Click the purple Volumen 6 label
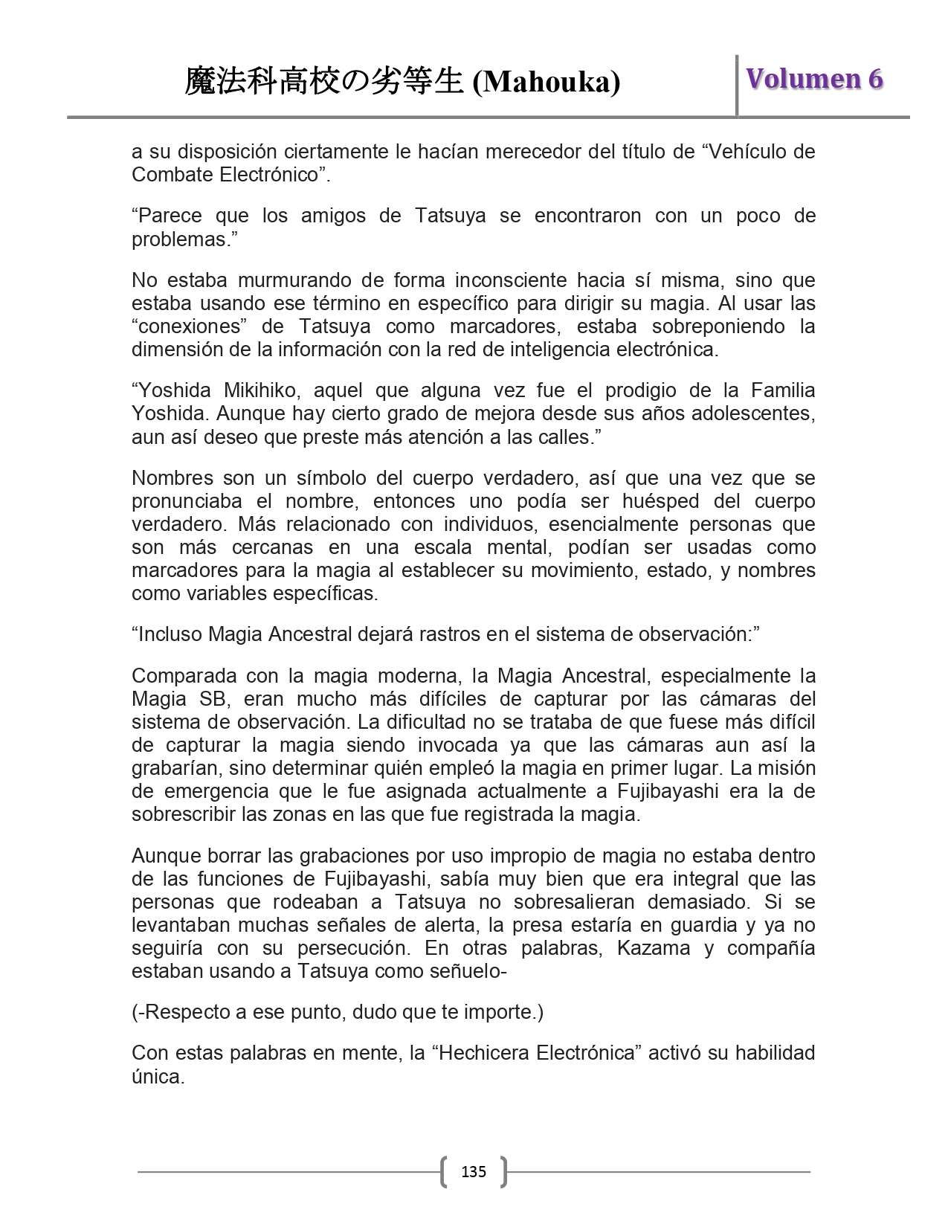click(814, 79)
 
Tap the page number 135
click(474, 1172)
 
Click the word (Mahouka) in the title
click(546, 82)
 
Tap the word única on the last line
click(158, 1077)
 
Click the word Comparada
click(181, 676)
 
